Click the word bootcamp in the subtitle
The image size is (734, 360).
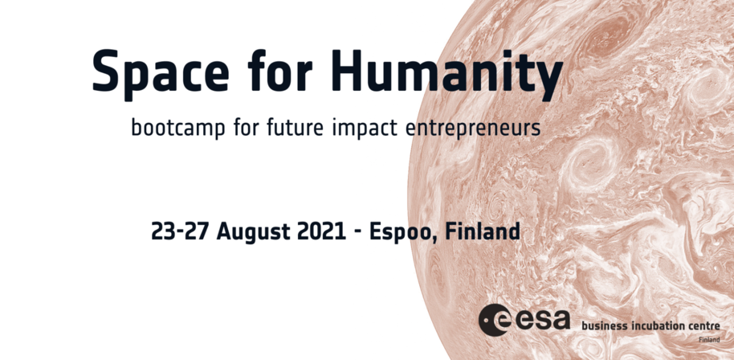178,127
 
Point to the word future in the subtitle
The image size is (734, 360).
295,126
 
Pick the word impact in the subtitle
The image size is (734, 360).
365,127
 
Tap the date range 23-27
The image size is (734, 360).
179,231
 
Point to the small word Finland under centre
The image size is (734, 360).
710,340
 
